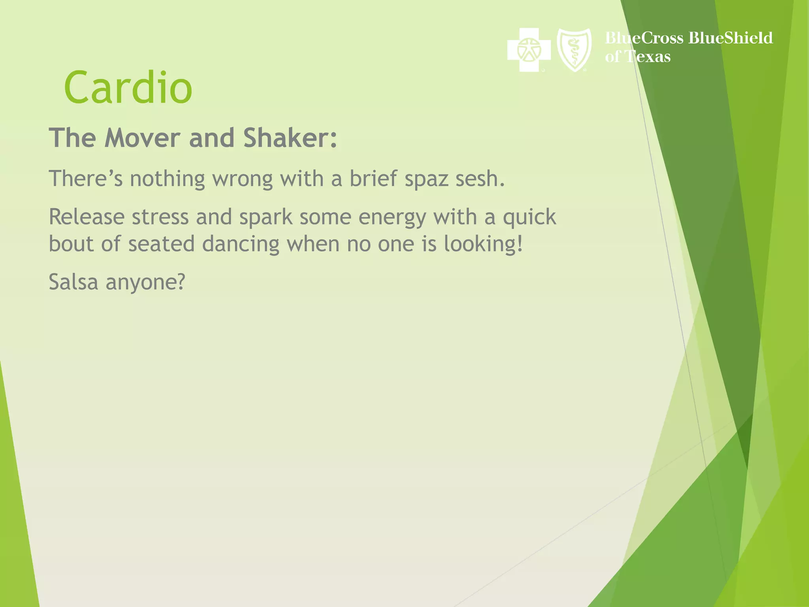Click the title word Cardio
128,88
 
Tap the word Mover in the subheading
142,138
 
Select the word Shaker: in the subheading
290,138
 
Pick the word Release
87,217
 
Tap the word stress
160,217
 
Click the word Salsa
73,282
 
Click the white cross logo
529,50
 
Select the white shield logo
574,50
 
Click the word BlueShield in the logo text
730,38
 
